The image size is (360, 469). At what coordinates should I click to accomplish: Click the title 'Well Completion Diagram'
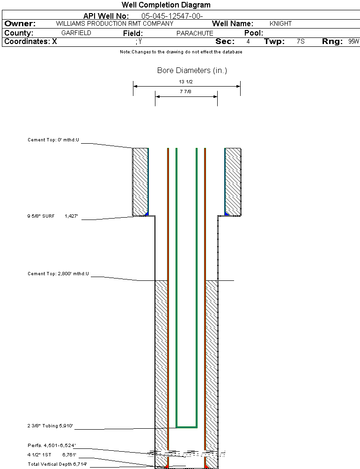tap(166, 5)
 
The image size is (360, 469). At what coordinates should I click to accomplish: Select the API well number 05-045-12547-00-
tap(172, 16)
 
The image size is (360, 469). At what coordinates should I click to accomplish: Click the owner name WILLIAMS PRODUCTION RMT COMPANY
tap(114, 23)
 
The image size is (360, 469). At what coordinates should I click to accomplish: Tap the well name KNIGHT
tap(280, 23)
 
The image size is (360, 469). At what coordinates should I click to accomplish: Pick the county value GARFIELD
tap(76, 33)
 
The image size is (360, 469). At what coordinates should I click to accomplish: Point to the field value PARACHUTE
tap(195, 33)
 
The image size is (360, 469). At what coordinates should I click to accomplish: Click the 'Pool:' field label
tap(254, 33)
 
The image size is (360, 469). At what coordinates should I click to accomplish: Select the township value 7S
tap(301, 42)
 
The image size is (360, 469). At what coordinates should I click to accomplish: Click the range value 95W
tap(353, 42)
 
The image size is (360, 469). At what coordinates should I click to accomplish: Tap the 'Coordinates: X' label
tap(30, 42)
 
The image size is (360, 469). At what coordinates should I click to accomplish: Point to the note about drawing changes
tap(181, 52)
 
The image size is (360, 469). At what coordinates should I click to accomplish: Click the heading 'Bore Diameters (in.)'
tap(192, 71)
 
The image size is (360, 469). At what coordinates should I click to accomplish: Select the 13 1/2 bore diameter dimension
tap(186, 81)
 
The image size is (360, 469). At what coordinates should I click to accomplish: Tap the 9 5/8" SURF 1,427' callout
tap(51, 216)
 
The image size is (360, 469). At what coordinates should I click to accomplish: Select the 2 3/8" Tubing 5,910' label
tap(50, 426)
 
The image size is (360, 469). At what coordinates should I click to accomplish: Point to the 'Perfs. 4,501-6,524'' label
tap(51, 445)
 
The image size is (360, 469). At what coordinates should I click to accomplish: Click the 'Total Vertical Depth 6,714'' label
tap(58, 464)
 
